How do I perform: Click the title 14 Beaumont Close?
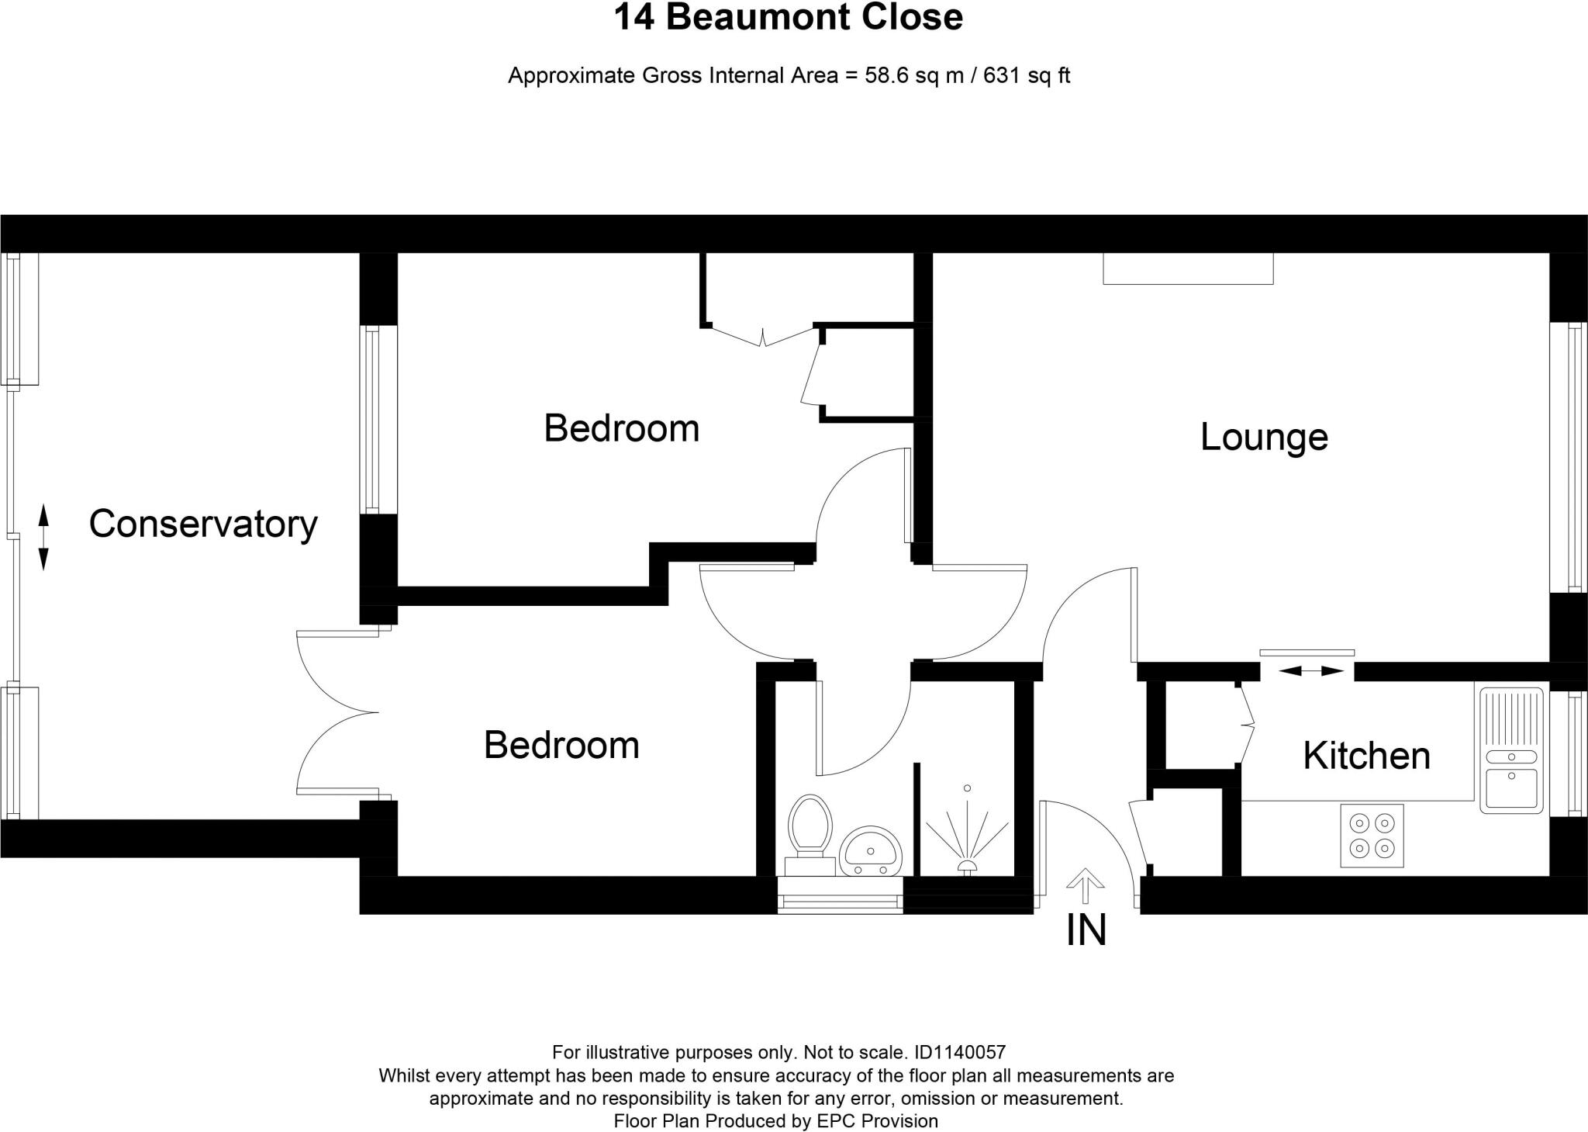(x=788, y=17)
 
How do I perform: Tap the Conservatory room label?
(x=203, y=524)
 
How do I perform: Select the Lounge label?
(x=1264, y=437)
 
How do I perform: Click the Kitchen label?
(x=1366, y=756)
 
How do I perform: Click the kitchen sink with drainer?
(x=1510, y=749)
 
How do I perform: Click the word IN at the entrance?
(x=1086, y=931)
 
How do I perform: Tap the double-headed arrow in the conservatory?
(x=43, y=537)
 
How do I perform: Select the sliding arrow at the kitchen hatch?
(x=1310, y=670)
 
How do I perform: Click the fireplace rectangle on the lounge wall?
(x=1188, y=268)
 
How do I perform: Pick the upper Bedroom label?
(x=621, y=428)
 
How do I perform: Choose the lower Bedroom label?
(x=561, y=746)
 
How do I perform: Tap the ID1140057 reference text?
(x=960, y=1053)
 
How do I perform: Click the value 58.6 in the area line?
(x=882, y=76)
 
